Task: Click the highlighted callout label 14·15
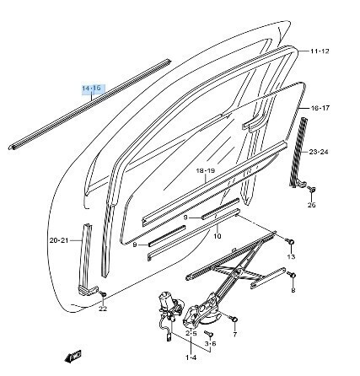tap(92, 89)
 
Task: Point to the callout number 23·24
tap(319, 152)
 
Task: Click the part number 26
tap(312, 205)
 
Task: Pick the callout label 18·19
tap(206, 170)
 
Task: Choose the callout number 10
tap(218, 236)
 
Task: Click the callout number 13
tap(292, 256)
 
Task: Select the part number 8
tap(293, 290)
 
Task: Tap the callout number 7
tap(235, 335)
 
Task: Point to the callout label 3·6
tap(210, 343)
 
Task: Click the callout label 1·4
tap(191, 357)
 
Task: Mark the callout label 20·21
tap(59, 240)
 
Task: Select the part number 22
tap(103, 309)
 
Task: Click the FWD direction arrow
tap(73, 356)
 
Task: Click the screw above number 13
tap(290, 241)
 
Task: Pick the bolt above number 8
tap(292, 274)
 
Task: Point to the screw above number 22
tap(103, 293)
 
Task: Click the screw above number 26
tap(312, 189)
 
